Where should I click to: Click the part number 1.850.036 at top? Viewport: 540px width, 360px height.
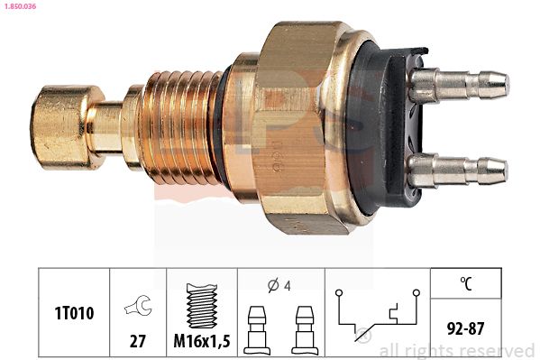20,6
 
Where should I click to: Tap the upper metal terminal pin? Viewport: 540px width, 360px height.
459,84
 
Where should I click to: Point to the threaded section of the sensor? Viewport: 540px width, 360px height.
179,127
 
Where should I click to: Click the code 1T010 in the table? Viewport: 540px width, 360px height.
74,313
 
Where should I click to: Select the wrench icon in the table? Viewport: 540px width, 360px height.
139,306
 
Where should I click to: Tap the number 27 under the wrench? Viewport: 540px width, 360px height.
138,341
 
